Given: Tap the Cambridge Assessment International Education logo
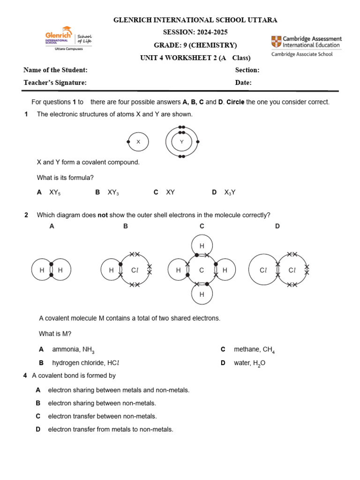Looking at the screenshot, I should [x=306, y=46].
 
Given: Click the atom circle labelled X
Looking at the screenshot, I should [x=138, y=142].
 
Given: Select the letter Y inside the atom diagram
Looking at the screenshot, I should [x=181, y=142].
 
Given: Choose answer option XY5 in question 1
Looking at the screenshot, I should [x=55, y=192].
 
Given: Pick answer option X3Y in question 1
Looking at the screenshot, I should [x=230, y=192].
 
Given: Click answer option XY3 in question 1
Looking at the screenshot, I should [x=113, y=192].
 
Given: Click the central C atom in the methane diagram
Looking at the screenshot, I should [x=202, y=270].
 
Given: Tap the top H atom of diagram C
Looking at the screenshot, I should [x=202, y=246].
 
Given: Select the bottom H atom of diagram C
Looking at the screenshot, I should [x=202, y=294].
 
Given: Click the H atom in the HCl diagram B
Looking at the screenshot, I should [x=111, y=270].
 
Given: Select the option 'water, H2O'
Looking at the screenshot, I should [x=249, y=363].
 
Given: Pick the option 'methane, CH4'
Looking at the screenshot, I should [x=254, y=350].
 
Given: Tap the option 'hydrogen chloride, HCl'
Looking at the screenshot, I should [x=82, y=363].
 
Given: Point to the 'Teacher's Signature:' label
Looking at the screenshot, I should [x=55, y=82].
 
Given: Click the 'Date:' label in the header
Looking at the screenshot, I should [x=243, y=82].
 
